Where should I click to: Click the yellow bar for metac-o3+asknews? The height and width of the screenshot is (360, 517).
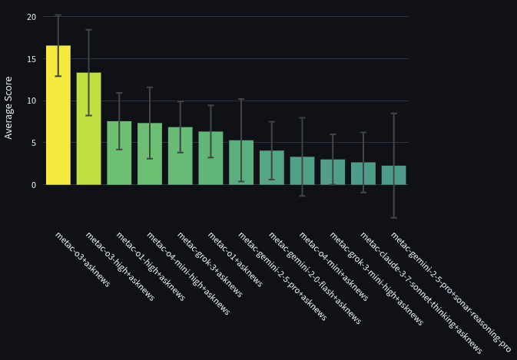point(58,115)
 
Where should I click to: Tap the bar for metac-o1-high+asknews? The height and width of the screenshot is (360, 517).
point(119,153)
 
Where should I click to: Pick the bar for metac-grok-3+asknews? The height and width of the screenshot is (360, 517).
point(180,156)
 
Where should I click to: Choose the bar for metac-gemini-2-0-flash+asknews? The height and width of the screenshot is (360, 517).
point(271,167)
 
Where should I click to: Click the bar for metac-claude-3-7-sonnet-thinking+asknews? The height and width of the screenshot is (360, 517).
point(363,173)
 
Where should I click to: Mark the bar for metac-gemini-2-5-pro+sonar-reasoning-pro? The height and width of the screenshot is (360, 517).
point(393,175)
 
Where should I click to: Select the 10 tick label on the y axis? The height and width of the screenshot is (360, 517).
point(31,101)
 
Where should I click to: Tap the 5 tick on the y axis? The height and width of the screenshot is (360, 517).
point(33,143)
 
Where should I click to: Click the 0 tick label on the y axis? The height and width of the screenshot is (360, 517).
point(33,185)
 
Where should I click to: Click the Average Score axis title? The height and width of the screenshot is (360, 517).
point(9,107)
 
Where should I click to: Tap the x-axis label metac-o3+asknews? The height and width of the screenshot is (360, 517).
point(82,259)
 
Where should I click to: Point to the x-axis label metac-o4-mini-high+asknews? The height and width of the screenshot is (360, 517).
point(187,273)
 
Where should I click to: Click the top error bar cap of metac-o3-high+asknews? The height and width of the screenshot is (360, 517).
point(88,30)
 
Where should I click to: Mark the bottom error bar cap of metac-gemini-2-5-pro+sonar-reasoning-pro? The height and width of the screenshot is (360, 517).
point(393,218)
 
